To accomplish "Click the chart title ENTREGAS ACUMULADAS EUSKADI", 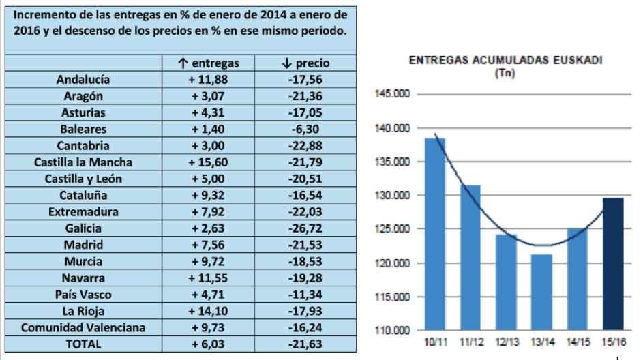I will pyautogui.click(x=505, y=60).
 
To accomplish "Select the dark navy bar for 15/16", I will pyautogui.click(x=612, y=263).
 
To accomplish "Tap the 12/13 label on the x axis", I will pyautogui.click(x=505, y=342).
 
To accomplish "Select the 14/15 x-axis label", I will pyautogui.click(x=577, y=342).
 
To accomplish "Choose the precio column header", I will pyautogui.click(x=305, y=63).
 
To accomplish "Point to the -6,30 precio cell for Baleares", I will pyautogui.click(x=305, y=129).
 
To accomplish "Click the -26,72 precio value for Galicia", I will pyautogui.click(x=305, y=228).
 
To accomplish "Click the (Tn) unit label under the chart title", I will pyautogui.click(x=505, y=73).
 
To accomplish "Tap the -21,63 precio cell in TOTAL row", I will pyautogui.click(x=305, y=344).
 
